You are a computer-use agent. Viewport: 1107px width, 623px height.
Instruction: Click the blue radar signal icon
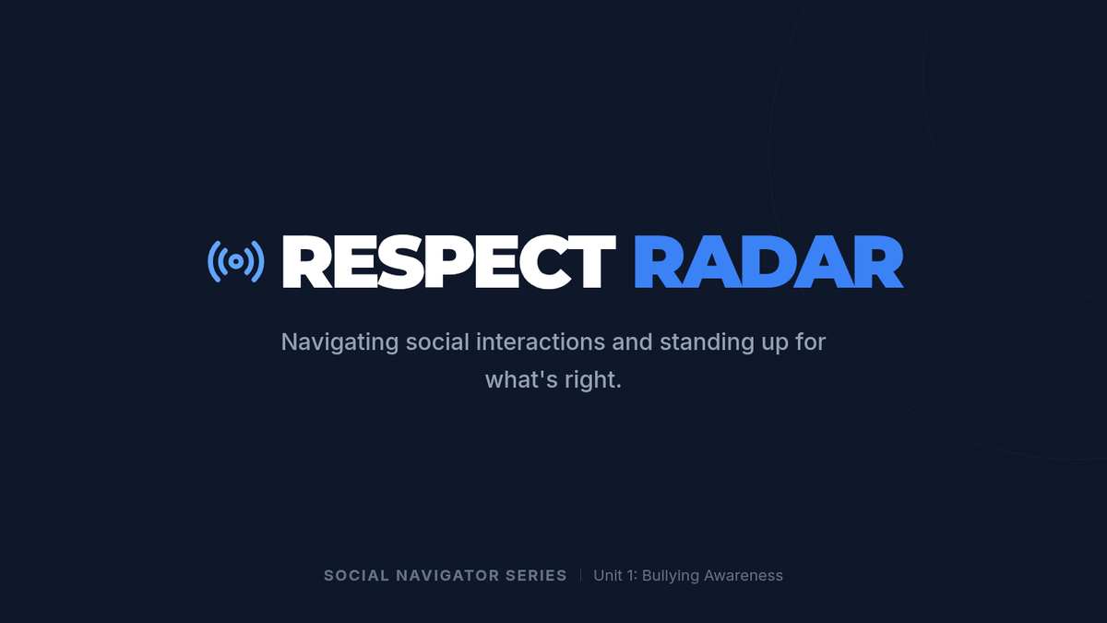tap(236, 261)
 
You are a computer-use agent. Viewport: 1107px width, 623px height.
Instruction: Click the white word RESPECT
tap(448, 261)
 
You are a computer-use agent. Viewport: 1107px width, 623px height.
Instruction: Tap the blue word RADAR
tap(769, 261)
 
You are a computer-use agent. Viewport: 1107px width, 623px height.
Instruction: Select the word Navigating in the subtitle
tap(339, 342)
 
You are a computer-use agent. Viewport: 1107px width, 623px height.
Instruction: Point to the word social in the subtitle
tap(437, 341)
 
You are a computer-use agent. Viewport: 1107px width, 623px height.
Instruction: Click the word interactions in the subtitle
tap(541, 341)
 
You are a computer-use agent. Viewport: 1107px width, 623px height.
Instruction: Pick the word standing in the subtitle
tap(708, 342)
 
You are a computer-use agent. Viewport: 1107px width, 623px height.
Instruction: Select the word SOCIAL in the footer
tap(356, 576)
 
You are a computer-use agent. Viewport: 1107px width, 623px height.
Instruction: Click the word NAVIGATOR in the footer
tap(447, 576)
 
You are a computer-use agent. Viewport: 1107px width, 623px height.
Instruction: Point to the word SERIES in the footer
tap(536, 576)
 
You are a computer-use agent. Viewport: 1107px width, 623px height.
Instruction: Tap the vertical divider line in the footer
tap(580, 576)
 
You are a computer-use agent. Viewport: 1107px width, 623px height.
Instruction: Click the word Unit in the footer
tap(608, 576)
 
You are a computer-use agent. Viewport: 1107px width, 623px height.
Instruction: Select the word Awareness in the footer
tap(744, 576)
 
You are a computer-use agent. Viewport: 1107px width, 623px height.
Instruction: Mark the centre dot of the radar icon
tap(236, 261)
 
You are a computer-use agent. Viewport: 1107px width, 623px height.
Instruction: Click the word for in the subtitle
tap(811, 341)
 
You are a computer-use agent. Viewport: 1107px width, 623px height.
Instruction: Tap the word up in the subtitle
tap(774, 343)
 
